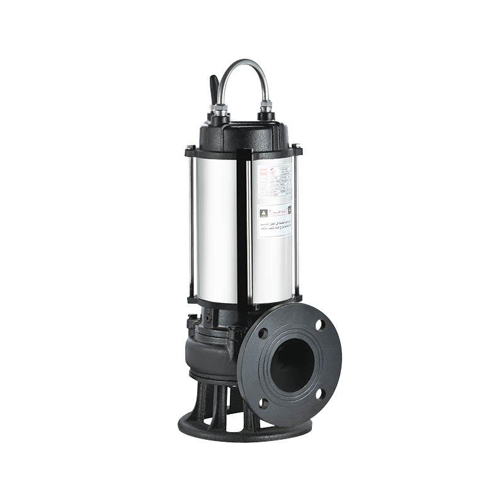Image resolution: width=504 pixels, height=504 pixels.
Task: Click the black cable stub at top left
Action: click(214, 88)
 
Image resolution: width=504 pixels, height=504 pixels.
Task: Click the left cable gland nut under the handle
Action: click(220, 111)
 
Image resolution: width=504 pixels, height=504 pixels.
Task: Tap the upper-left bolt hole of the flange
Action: click(263, 333)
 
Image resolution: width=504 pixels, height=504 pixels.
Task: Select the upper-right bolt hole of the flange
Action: click(320, 325)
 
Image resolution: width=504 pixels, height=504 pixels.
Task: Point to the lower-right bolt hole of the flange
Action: click(321, 394)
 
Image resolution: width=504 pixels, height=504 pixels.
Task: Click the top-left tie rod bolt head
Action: click(189, 149)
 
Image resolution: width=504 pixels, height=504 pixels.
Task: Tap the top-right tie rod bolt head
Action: click(297, 147)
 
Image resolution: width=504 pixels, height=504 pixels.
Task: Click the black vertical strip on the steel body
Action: click(243, 227)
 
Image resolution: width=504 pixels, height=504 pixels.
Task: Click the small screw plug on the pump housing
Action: click(207, 316)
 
